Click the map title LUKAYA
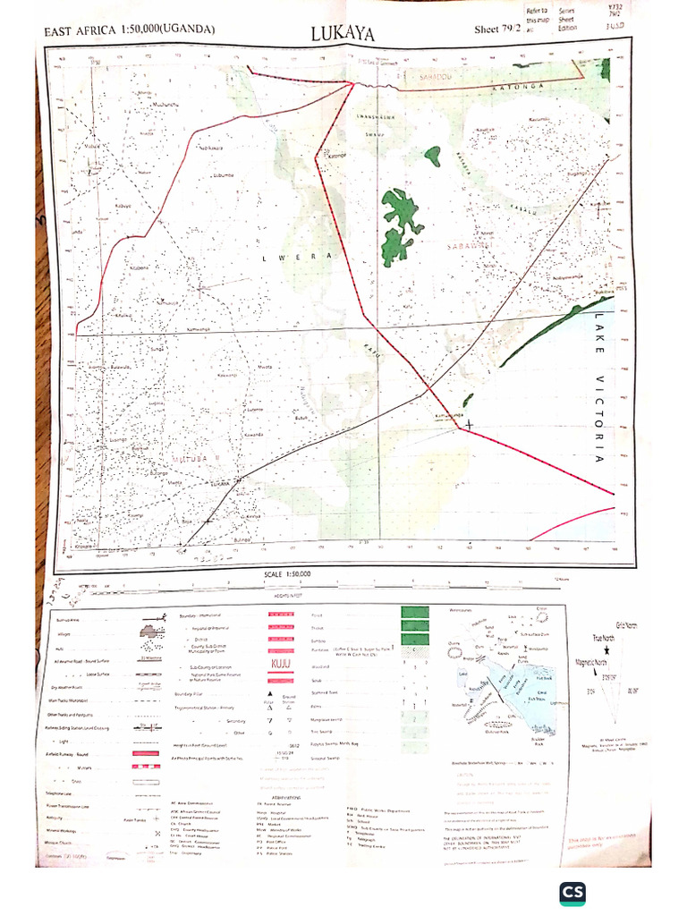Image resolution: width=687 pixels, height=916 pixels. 343,34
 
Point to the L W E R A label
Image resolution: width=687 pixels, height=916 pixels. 305,257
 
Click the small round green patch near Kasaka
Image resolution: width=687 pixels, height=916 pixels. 433,157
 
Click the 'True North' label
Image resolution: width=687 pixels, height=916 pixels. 606,638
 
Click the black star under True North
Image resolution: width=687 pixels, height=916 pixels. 606,651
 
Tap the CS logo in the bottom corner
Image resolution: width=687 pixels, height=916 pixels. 572,893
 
